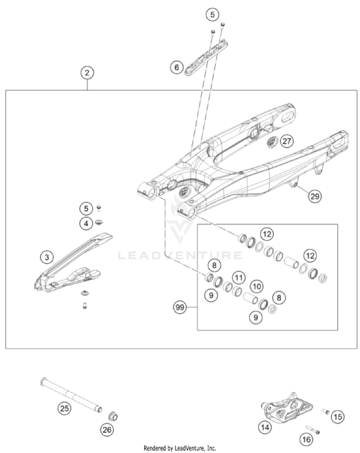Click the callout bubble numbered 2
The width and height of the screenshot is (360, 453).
click(87, 73)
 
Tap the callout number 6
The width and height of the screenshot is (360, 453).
click(176, 68)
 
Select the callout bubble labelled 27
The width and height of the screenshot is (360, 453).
click(287, 141)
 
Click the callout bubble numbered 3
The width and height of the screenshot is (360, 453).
click(47, 257)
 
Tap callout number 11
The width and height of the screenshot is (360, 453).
click(239, 277)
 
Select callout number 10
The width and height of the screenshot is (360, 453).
click(257, 286)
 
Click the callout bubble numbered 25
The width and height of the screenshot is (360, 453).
click(64, 408)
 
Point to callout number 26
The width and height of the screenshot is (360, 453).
click(107, 430)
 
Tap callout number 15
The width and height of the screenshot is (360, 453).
click(338, 417)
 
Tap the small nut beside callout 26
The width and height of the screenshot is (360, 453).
click(114, 415)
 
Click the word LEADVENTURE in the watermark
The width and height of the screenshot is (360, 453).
click(180, 255)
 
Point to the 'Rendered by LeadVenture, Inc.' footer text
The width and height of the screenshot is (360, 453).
click(180, 448)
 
